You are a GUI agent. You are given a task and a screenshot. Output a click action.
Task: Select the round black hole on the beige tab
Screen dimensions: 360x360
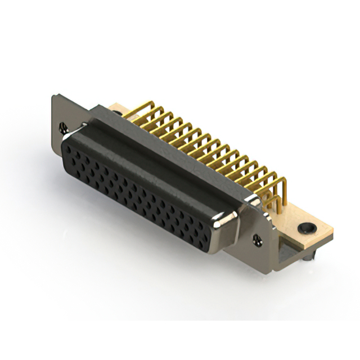pos(305,228)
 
